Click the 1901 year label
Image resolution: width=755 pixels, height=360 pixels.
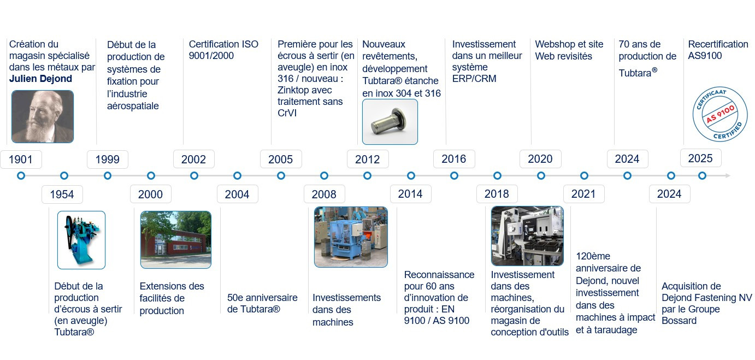point(21,160)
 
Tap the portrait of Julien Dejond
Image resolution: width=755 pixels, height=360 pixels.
point(43,116)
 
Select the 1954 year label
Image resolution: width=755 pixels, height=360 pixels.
point(62,194)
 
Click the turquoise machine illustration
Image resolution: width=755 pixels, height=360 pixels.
point(81,240)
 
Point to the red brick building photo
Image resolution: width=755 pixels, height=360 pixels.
point(176,240)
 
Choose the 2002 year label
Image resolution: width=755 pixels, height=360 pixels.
point(194,159)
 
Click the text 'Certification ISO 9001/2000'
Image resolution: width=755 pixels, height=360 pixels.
point(223,50)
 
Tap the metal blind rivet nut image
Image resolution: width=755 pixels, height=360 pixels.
point(390,122)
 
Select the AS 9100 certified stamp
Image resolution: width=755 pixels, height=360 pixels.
point(720,114)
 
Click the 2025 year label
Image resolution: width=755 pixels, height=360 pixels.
point(700,158)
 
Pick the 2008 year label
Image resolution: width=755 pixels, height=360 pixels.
point(325,194)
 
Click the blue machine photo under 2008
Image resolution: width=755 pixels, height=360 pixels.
point(351,237)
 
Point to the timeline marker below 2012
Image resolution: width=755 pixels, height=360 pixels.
point(367,175)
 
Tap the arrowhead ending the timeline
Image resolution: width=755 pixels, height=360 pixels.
point(728,175)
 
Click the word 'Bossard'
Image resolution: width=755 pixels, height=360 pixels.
point(679,321)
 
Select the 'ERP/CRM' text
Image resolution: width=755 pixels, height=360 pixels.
point(474,79)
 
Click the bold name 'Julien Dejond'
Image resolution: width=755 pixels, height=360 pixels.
point(40,79)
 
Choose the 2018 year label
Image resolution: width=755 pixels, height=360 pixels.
point(497,194)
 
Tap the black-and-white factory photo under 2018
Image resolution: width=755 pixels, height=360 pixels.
point(528,236)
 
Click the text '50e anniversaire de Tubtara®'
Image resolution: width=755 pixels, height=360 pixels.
point(262,303)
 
